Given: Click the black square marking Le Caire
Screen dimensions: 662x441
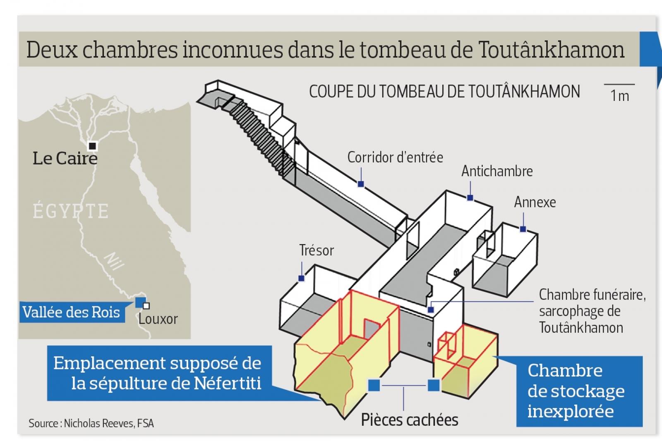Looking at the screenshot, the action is (93, 146).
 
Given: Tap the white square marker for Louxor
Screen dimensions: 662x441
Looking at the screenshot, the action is (146, 306).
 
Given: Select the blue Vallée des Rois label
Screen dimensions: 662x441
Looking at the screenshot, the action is (72, 312).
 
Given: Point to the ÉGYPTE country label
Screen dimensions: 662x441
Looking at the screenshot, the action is (71, 211).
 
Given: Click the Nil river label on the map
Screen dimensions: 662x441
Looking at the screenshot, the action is (114, 261).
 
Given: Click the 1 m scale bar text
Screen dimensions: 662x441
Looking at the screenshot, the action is (620, 96).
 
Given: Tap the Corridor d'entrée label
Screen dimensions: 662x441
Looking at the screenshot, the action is (395, 157).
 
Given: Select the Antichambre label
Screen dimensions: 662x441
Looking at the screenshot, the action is (497, 171).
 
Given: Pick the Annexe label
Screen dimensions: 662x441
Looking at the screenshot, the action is (535, 202).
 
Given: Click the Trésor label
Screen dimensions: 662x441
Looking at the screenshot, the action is (317, 250).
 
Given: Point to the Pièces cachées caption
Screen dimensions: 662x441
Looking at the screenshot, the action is (410, 420).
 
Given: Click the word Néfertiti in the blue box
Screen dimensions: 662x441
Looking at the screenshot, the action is (228, 383).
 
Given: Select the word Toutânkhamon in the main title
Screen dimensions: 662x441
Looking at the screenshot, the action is (551, 50).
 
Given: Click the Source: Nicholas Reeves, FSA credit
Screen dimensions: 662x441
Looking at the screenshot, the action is (91, 423).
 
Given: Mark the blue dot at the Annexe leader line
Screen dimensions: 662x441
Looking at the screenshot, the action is (523, 229).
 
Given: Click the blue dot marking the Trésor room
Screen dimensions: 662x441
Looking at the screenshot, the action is (302, 278).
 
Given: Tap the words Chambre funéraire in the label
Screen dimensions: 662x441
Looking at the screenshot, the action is (592, 295).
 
